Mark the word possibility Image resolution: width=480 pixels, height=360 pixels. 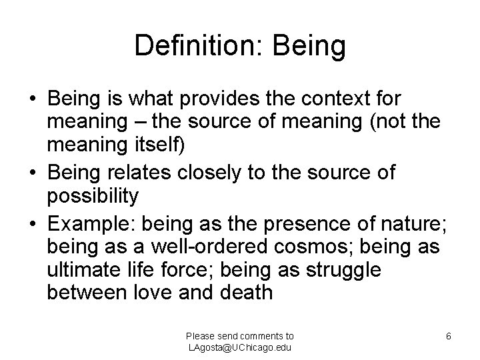tap(93, 197)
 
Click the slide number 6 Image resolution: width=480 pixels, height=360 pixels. tap(449, 337)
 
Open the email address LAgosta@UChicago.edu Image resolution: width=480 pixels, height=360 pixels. tap(239, 347)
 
